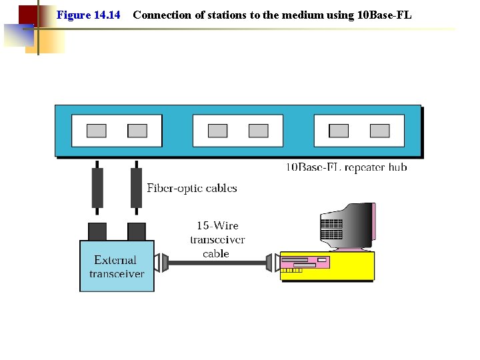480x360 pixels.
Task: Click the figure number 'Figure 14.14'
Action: (89, 15)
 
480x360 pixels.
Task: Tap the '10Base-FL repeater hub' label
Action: (346, 167)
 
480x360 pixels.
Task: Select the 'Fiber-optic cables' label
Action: (192, 188)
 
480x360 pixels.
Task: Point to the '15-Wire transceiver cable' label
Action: (217, 239)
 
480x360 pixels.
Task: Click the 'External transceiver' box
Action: (117, 267)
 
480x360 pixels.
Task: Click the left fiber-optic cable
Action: (97, 187)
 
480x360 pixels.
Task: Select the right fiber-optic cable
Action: (136, 187)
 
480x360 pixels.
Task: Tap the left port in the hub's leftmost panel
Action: (97, 131)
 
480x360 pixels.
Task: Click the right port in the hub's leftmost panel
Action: (137, 131)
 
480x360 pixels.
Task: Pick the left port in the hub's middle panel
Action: (218, 131)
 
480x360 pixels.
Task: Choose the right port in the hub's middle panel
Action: (258, 131)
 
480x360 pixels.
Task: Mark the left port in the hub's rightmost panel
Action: (339, 131)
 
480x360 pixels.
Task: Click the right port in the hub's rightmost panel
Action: (379, 131)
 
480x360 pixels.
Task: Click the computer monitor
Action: (347, 225)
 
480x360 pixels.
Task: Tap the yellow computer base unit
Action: (327, 266)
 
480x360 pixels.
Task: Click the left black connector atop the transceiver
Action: (97, 231)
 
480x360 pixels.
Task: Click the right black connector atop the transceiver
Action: (136, 231)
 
